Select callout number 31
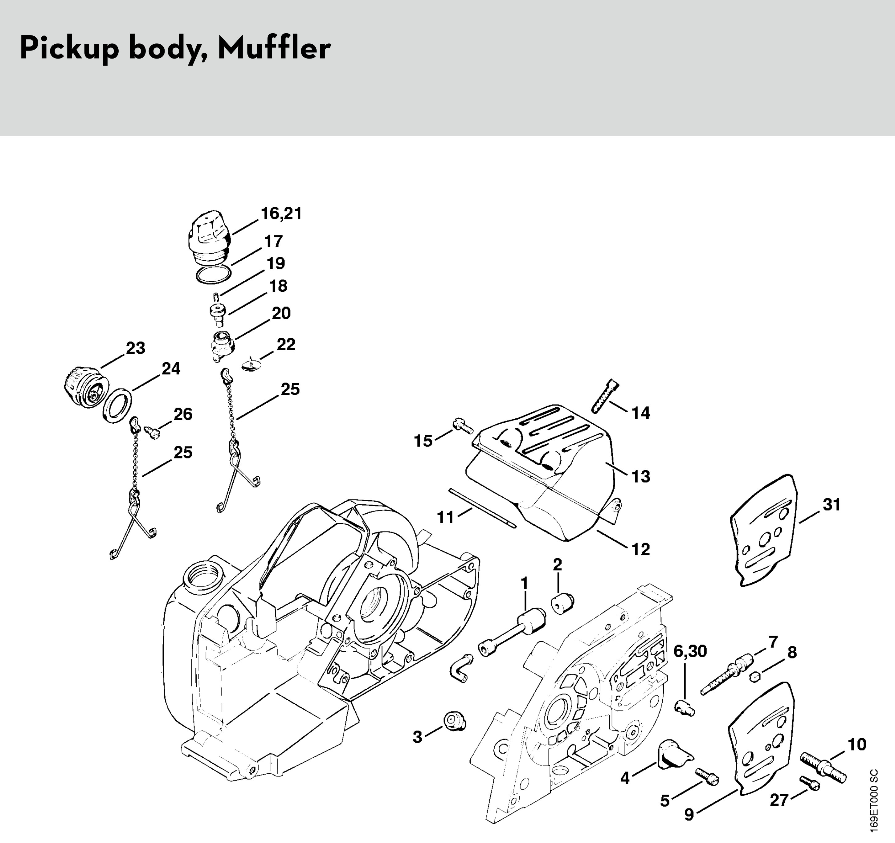point(832,505)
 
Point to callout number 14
point(641,413)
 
